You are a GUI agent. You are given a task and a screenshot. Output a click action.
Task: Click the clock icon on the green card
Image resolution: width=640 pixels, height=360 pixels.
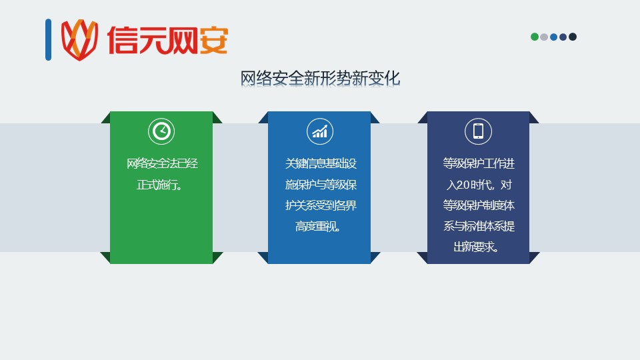tap(161, 131)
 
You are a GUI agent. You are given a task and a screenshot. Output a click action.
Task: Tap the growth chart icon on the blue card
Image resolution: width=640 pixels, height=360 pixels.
tap(319, 131)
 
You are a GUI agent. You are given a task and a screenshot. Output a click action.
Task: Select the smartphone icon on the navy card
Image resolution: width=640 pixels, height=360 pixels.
tap(478, 131)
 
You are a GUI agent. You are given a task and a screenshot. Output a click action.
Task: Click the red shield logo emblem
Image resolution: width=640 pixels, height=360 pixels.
tap(79, 39)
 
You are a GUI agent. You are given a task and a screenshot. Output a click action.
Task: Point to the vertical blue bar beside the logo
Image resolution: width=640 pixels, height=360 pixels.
tap(48, 39)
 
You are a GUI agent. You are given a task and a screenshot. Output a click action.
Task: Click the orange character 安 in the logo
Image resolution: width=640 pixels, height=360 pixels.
tap(213, 41)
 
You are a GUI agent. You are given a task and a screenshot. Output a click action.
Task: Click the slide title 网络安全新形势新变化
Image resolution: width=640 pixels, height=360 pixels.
tap(320, 78)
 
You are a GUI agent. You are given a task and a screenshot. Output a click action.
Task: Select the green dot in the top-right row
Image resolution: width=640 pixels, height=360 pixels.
tap(534, 37)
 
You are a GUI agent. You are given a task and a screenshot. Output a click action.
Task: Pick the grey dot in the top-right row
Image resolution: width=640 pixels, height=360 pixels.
tap(544, 37)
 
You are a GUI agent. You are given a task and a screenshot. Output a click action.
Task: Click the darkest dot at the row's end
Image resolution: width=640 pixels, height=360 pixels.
tap(573, 37)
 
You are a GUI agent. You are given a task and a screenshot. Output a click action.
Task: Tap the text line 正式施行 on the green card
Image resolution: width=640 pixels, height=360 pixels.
tap(159, 185)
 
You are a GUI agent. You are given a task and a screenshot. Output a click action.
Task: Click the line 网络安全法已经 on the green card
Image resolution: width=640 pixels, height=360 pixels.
tap(162, 164)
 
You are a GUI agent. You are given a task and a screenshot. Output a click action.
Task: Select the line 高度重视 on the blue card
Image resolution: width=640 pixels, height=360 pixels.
tap(318, 226)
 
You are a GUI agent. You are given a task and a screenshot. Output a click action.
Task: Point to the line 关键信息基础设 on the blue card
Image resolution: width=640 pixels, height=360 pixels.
tap(321, 164)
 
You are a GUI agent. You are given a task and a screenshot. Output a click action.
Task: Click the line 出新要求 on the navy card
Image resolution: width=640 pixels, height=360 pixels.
tap(476, 247)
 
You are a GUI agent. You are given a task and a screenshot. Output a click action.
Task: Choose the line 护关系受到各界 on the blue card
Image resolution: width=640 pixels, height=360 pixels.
tap(321, 205)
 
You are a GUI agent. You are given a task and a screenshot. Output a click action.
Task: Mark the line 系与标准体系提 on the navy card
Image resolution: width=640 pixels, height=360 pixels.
tap(479, 226)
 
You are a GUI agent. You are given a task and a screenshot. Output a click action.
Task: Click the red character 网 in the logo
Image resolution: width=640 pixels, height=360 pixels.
tap(183, 41)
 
